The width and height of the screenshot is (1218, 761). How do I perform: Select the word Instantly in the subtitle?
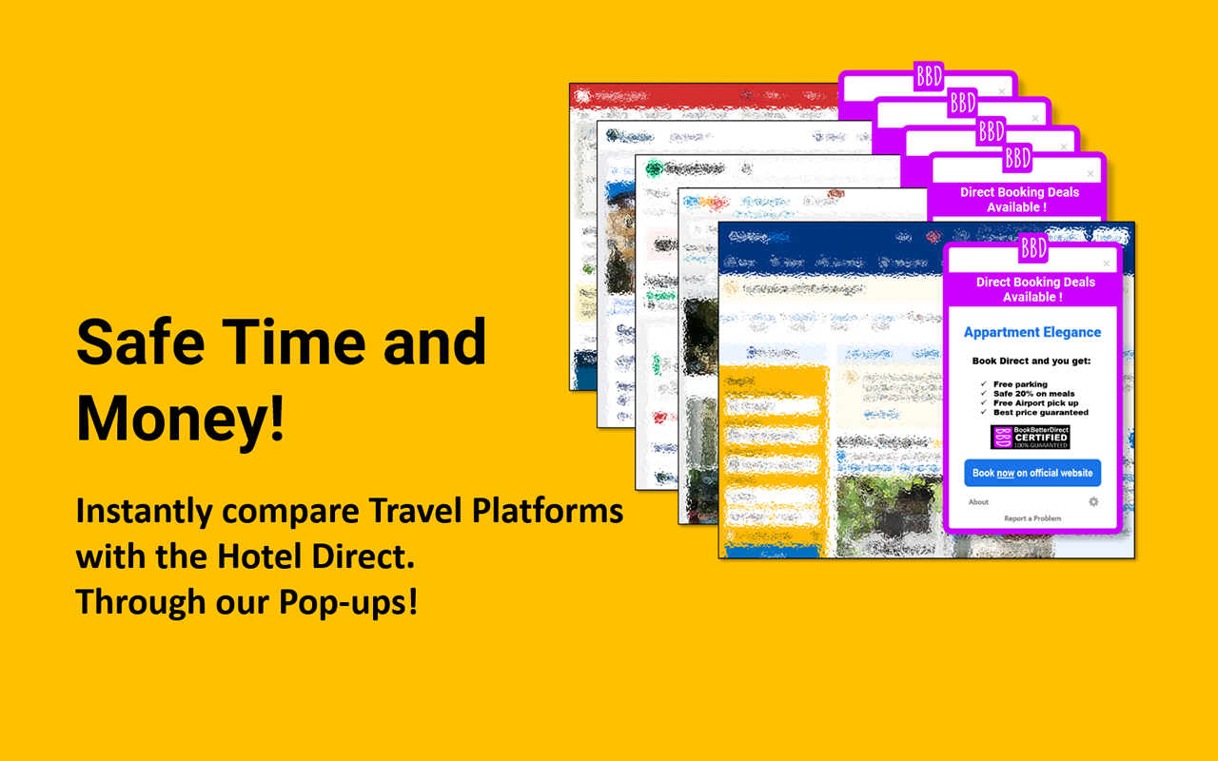(x=144, y=512)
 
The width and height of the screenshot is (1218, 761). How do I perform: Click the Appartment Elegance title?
(x=1032, y=332)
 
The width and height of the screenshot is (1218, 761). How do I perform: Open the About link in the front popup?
(x=978, y=501)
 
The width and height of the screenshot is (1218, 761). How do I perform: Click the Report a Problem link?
(x=1032, y=518)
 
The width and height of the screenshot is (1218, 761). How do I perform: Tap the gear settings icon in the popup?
(x=1093, y=501)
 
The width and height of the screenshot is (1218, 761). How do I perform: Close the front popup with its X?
(x=1106, y=263)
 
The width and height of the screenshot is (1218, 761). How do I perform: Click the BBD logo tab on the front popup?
(x=1033, y=248)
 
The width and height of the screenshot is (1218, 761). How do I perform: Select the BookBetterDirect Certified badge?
(x=1031, y=438)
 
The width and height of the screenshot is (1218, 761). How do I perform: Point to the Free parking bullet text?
(x=1020, y=384)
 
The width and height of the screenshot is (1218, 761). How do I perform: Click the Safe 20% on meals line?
(x=1033, y=394)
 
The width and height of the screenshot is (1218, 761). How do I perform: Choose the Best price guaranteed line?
(x=1040, y=413)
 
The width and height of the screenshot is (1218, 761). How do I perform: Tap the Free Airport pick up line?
(x=1035, y=403)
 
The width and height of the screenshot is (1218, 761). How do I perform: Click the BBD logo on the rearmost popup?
(x=928, y=75)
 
